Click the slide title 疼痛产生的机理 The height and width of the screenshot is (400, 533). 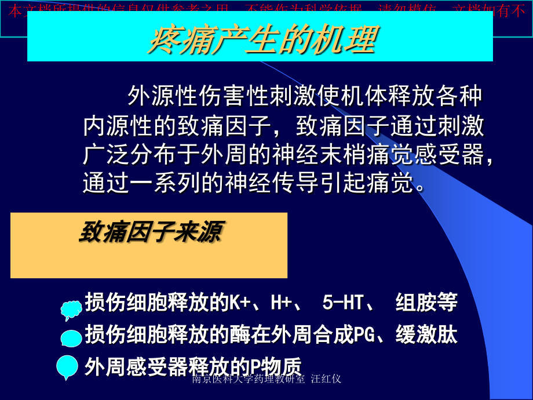[262, 39]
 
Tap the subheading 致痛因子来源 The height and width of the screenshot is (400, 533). [149, 233]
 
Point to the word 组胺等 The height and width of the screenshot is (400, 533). [426, 302]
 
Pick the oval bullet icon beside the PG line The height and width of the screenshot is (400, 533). [71, 337]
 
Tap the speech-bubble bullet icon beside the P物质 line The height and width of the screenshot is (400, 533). [67, 366]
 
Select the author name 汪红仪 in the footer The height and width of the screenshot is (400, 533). [326, 379]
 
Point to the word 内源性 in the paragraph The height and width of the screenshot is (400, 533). [109, 126]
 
